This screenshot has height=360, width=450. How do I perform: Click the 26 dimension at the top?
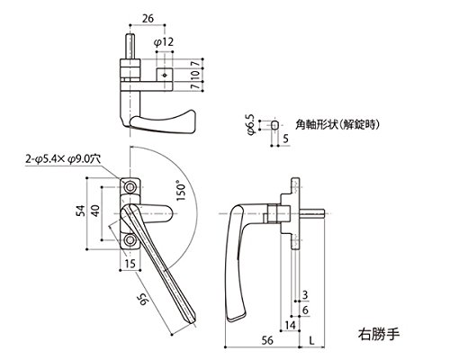pos(148,19)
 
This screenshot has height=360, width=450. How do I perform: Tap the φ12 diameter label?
pos(164,42)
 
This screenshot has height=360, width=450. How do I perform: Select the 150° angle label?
pos(181,191)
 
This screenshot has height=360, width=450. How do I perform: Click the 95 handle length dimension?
pos(144,299)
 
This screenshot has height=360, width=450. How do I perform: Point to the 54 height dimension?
pos(81,211)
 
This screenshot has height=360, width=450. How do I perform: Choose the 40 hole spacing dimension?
pos(95,211)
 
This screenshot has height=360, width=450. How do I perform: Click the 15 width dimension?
pos(130,264)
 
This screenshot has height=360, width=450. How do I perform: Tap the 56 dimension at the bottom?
pos(267,340)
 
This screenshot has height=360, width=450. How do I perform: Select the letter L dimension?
pos(312,340)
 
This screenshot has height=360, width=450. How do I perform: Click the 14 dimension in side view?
pos(290,325)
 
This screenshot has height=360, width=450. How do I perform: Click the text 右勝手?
pos(379,334)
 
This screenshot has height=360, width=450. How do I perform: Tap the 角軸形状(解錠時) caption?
pos(337,124)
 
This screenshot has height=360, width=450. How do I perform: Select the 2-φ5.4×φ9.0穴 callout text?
pos(63,159)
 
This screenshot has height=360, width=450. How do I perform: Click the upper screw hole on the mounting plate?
pos(130,187)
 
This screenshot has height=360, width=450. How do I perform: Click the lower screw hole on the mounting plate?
pos(130,240)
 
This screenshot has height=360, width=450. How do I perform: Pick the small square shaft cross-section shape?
pos(274,125)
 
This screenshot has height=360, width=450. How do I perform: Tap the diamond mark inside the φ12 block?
pos(165,75)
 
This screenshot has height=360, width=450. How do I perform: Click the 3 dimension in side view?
pos(305,295)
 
